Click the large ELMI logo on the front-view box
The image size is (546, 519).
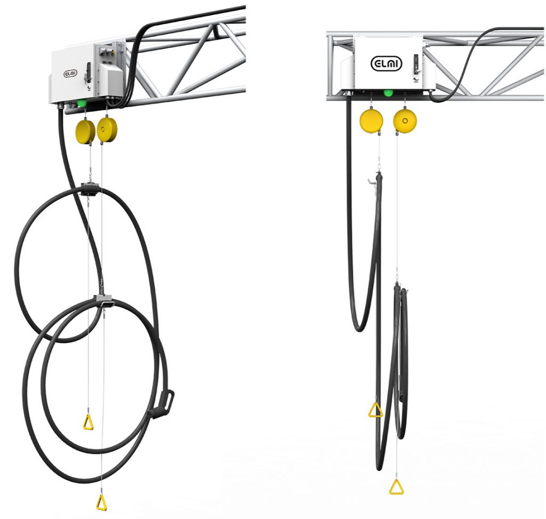pos(386,64)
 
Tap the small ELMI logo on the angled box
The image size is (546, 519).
pos(70,74)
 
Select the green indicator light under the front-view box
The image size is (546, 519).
pos(388,93)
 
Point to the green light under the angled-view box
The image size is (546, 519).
pos(82,103)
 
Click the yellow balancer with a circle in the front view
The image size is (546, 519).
pos(405,121)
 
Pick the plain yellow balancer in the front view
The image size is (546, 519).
pos(371,121)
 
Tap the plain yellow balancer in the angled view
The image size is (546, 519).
pos(85,132)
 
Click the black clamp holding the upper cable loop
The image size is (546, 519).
pos(90,188)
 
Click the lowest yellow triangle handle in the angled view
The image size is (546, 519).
pos(101,502)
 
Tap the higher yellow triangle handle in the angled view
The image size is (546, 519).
pos(89,421)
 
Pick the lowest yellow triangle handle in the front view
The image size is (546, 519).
pos(397,486)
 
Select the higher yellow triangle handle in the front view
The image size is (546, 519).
pos(376,410)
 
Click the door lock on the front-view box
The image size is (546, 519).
pos(415,64)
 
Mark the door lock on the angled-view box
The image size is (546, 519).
pos(88,72)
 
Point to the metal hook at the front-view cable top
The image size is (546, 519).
pos(371,181)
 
